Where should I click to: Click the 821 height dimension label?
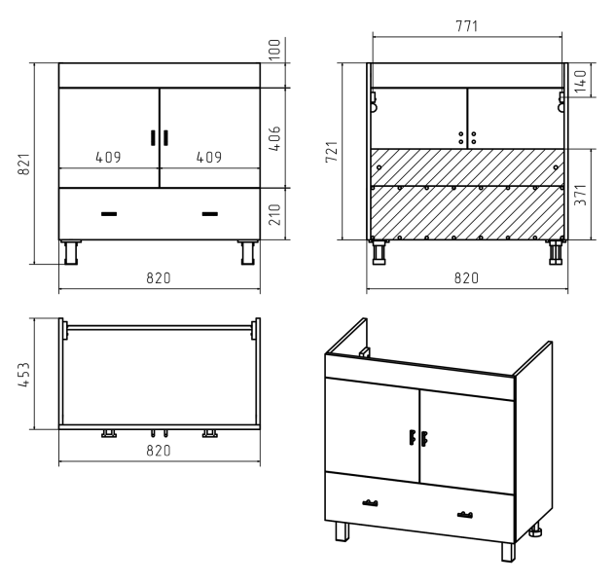tap(24, 164)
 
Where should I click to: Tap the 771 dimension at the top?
tap(467, 26)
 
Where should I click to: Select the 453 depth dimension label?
tap(24, 375)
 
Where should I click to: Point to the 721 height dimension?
tap(332, 152)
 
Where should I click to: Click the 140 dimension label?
tap(580, 82)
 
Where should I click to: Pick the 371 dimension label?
tap(580, 195)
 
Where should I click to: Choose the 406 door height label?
tap(274, 138)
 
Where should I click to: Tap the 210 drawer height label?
tap(274, 214)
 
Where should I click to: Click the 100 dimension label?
tap(274, 50)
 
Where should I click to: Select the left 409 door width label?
tap(109, 158)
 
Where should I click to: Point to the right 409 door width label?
tap(209, 158)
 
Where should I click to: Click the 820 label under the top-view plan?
tap(159, 451)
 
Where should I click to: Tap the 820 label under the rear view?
tap(467, 278)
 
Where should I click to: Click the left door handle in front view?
tap(153, 137)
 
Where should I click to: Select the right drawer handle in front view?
tap(210, 214)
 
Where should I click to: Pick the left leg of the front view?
tap(71, 252)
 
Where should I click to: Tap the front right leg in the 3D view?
tap(508, 552)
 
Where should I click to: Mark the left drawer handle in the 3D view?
tap(370, 503)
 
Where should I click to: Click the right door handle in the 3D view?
tap(424, 439)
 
